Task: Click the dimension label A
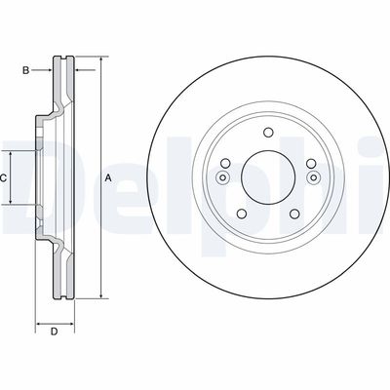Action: pos(108,177)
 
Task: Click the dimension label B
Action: pos(26,70)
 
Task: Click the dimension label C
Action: pos(3,177)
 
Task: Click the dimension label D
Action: pos(55,331)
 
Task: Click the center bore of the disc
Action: pos(268,177)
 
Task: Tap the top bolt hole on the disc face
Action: pos(268,133)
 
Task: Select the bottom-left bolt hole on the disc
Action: pos(242,214)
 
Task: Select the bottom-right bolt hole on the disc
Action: pos(294,214)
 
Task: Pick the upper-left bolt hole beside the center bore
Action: pos(225,163)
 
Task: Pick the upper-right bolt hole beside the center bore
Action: pos(311,163)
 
